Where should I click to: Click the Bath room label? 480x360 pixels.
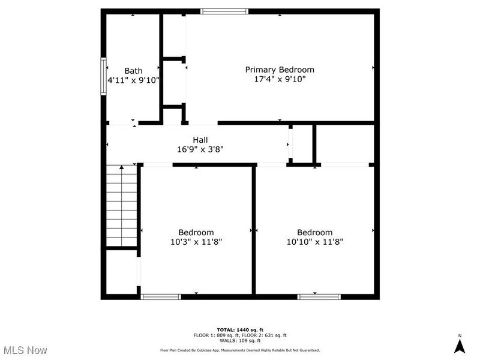(x=133, y=71)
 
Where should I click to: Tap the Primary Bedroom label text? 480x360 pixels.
(x=279, y=70)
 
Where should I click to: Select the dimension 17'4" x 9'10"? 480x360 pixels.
(x=279, y=79)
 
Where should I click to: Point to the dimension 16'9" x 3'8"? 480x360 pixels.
(x=200, y=149)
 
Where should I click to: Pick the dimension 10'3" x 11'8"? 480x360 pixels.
(x=196, y=242)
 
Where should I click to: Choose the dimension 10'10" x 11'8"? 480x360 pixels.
(x=314, y=242)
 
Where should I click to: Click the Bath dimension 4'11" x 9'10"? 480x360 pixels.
(x=133, y=80)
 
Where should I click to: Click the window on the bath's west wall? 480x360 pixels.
(x=103, y=76)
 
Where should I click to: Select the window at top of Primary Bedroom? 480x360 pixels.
(x=224, y=11)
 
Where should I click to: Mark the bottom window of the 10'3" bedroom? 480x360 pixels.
(x=160, y=296)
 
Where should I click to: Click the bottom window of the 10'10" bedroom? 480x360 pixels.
(x=319, y=296)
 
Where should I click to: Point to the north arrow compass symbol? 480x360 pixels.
(x=460, y=346)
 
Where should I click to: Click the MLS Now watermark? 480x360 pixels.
(x=25, y=350)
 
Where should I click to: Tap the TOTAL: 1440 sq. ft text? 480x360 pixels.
(x=239, y=330)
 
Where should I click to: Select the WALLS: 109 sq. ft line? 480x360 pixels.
(x=239, y=340)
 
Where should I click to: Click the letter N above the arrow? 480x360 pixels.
(x=460, y=335)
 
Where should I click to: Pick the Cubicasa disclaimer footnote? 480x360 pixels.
(x=239, y=350)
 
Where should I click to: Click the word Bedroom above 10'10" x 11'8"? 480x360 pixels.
(x=314, y=233)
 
